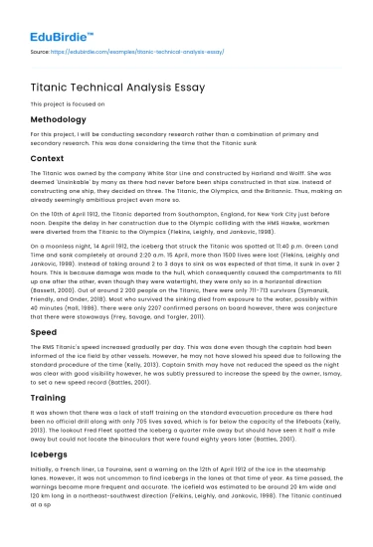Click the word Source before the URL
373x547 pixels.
point(41,47)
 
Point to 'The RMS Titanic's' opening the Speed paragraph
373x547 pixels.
point(55,320)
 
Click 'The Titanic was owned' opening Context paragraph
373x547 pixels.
point(65,172)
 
